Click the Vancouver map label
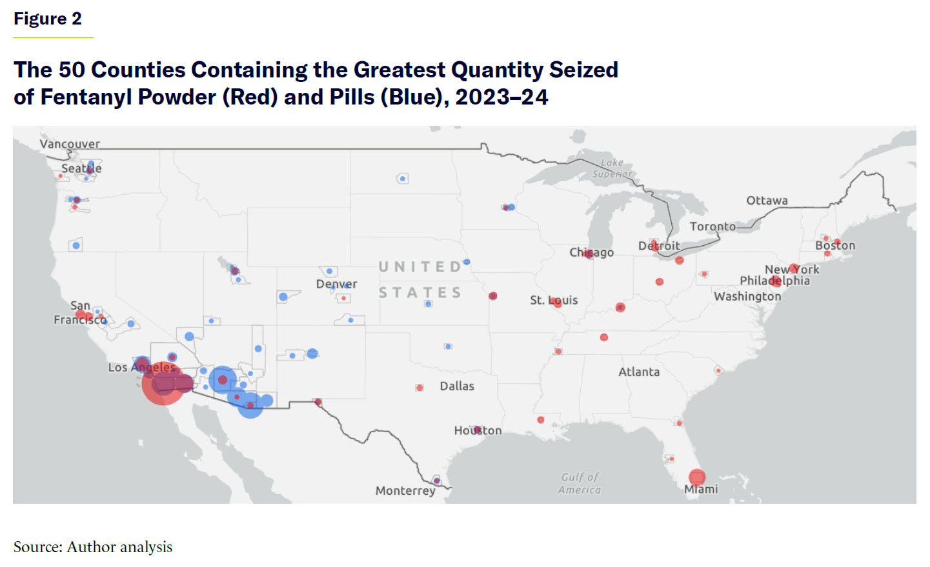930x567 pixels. (x=70, y=144)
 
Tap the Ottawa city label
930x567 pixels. (x=767, y=201)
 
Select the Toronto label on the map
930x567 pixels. (x=713, y=226)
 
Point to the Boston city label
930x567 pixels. (x=835, y=246)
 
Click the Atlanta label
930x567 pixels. (x=639, y=372)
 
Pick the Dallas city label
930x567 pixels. (x=457, y=386)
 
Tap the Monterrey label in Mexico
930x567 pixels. (x=405, y=491)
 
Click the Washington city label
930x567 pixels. (x=747, y=297)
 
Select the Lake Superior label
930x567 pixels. (x=612, y=168)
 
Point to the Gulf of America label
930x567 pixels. (x=580, y=483)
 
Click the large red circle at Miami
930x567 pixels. (x=697, y=477)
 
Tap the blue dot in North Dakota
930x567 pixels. (x=403, y=179)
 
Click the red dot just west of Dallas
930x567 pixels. (x=420, y=388)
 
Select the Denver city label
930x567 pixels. (x=336, y=284)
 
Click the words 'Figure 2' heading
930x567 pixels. (x=48, y=19)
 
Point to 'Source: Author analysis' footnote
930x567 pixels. (x=93, y=547)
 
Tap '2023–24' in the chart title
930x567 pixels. (x=501, y=97)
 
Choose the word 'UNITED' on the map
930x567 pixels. (x=420, y=267)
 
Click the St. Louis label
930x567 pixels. (x=554, y=301)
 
